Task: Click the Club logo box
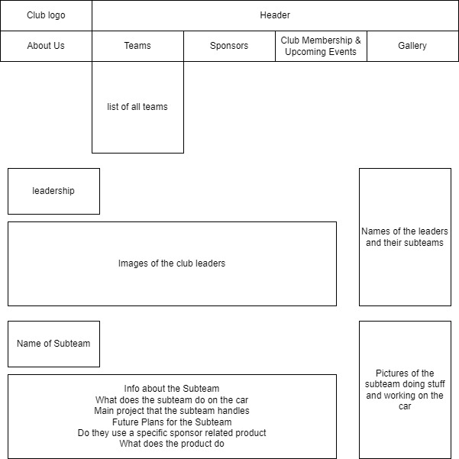[x=46, y=15]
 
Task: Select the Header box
[x=275, y=15]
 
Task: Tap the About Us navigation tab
[x=46, y=46]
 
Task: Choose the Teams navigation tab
[x=137, y=46]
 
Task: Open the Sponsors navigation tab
[x=229, y=46]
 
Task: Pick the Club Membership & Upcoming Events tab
[x=321, y=46]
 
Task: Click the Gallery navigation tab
[x=412, y=46]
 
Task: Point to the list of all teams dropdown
[x=137, y=107]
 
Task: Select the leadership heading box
[x=53, y=191]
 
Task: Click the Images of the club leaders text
[x=172, y=263]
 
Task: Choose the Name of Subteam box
[x=53, y=344]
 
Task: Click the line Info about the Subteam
[x=172, y=389]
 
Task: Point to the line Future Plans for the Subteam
[x=172, y=422]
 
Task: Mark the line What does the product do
[x=172, y=444]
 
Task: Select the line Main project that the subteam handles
[x=172, y=411]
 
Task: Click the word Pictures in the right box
[x=386, y=373]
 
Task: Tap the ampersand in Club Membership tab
[x=357, y=40]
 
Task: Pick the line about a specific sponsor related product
[x=172, y=433]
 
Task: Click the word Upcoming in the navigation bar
[x=303, y=52]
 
